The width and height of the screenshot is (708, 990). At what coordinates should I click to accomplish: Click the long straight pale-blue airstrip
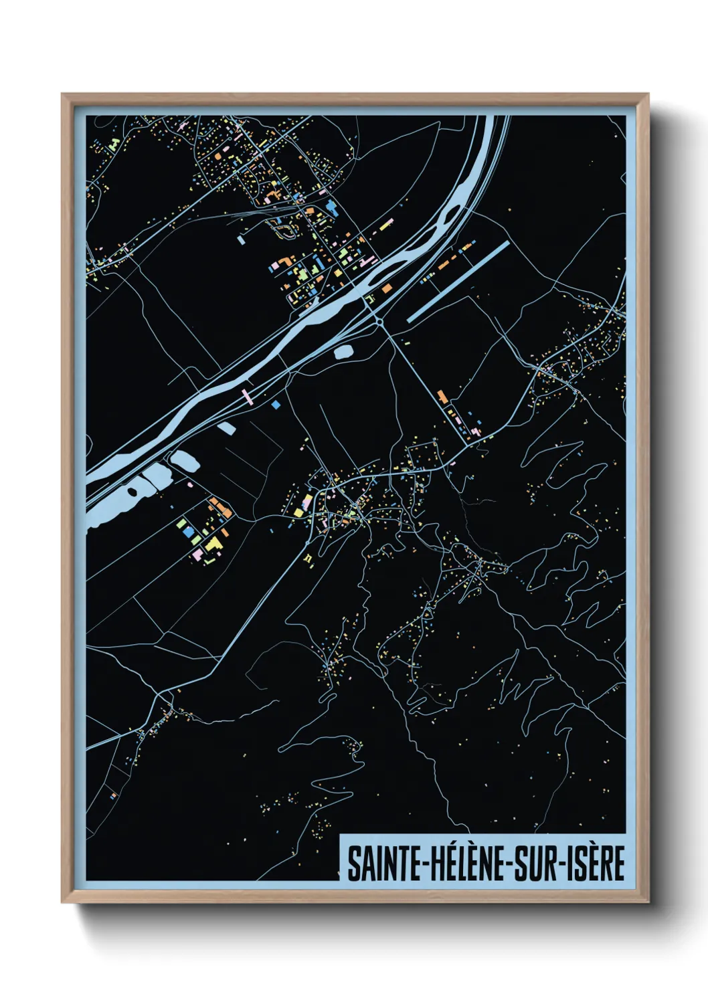pyautogui.click(x=458, y=282)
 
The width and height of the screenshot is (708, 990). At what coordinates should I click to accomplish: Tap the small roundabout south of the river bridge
pyautogui.click(x=379, y=322)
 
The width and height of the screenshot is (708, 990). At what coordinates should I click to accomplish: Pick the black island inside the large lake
pyautogui.click(x=132, y=492)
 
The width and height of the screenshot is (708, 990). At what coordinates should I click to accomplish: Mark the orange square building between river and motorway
pyautogui.click(x=387, y=288)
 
